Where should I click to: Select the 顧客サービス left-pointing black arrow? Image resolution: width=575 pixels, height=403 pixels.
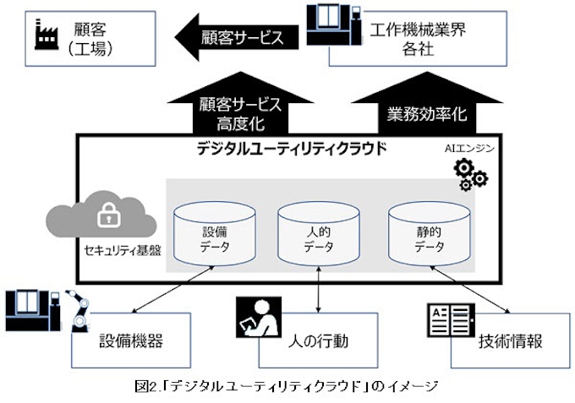(x=238, y=37)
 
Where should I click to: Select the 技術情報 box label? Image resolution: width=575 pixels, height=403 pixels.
(x=510, y=341)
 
